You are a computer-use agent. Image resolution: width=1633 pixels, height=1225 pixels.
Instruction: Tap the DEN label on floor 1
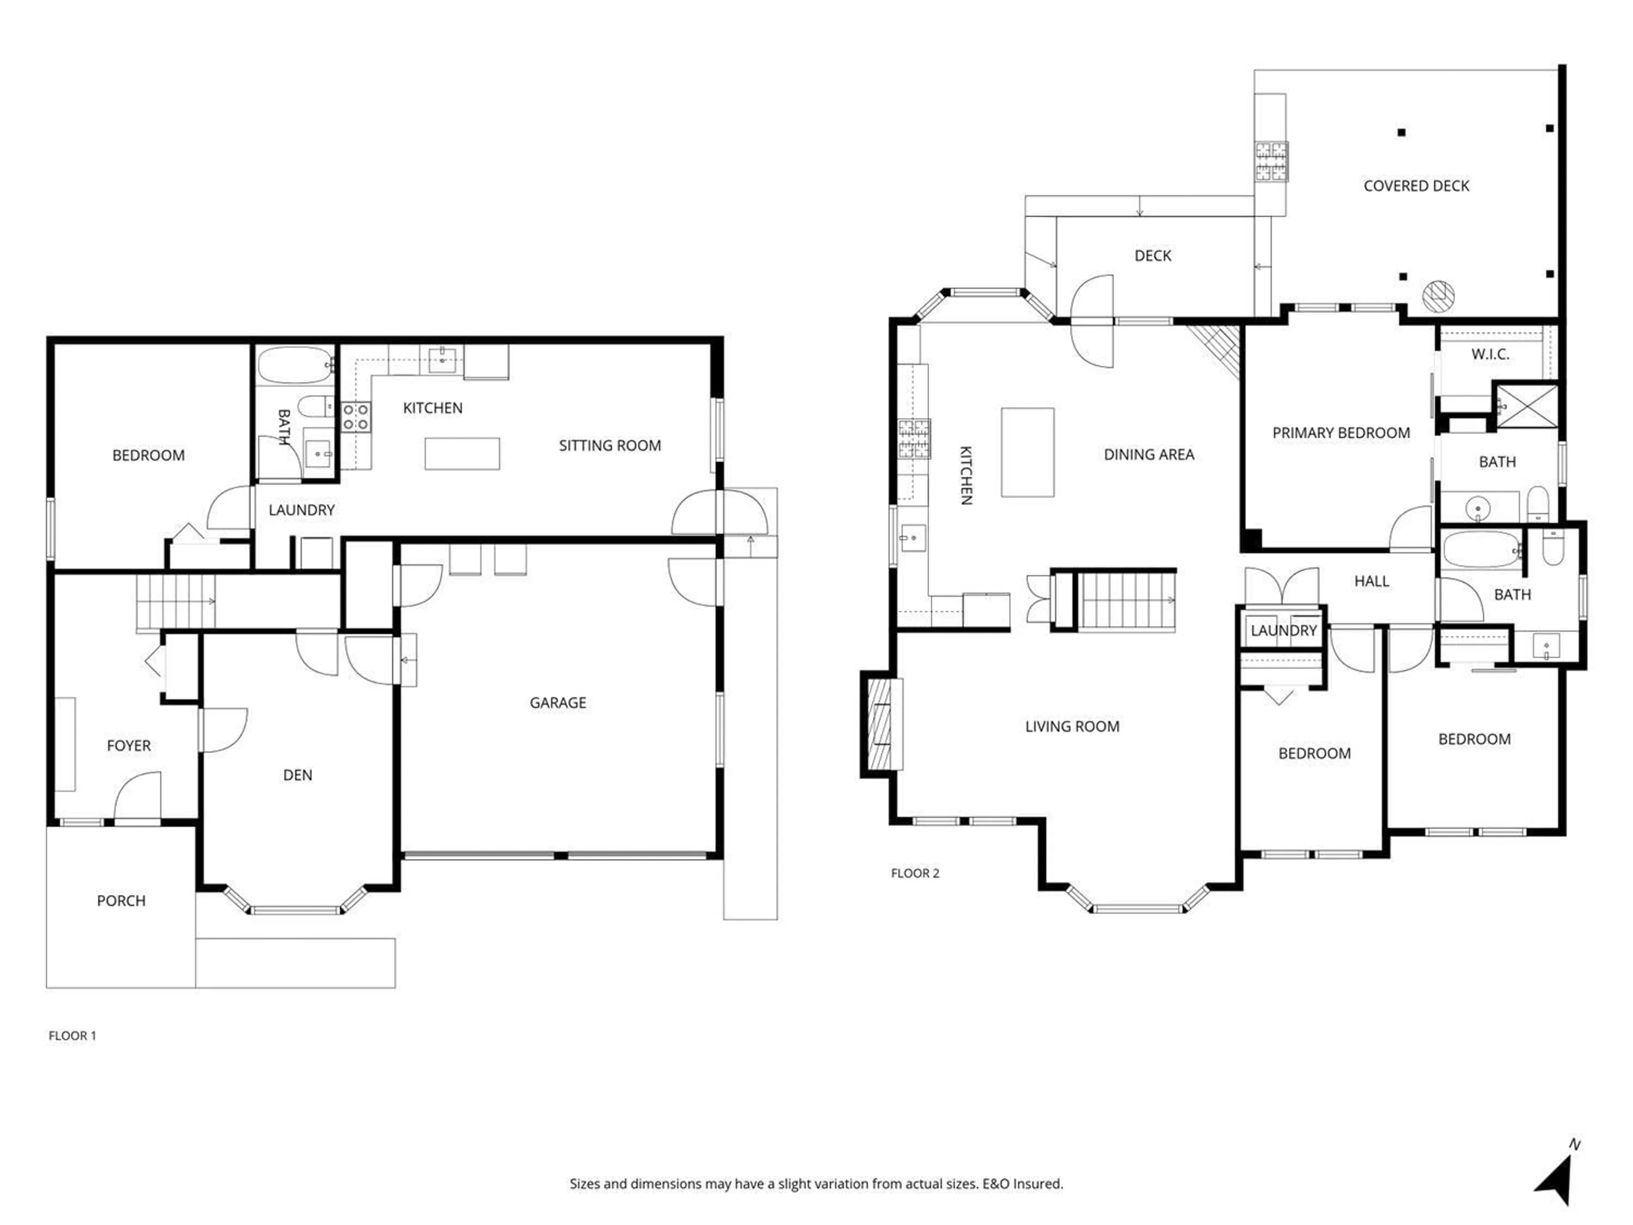298,775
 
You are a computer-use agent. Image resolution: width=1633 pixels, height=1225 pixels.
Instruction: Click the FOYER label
128,746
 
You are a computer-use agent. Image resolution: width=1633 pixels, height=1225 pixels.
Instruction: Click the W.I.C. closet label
1490,354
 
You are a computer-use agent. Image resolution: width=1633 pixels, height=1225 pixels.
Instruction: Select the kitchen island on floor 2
1027,452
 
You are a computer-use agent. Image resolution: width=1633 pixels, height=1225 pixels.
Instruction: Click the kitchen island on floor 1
462,453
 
